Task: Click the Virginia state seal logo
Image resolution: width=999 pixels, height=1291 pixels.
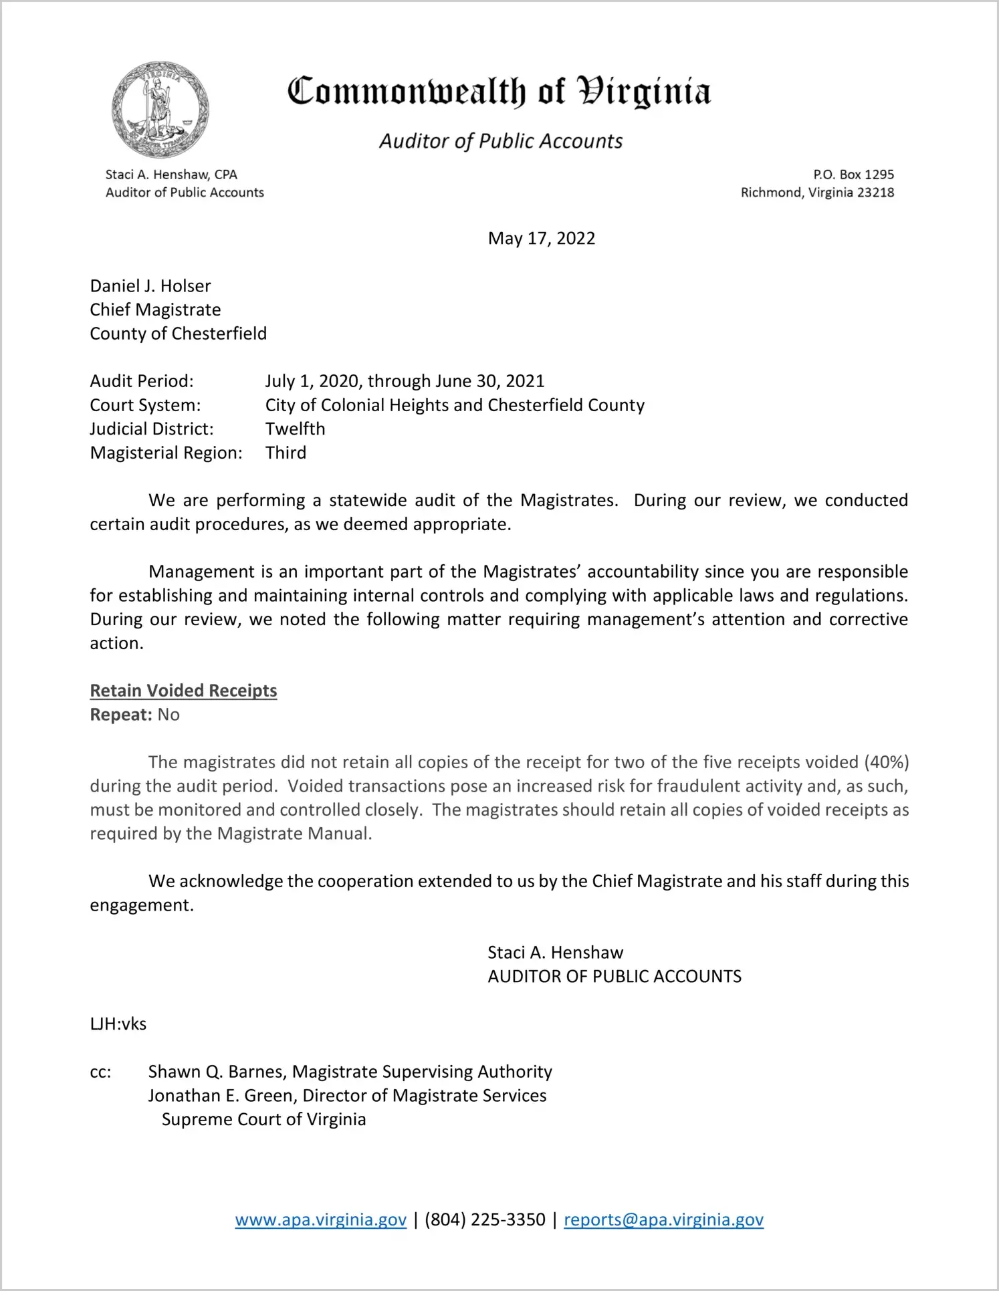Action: coord(160,110)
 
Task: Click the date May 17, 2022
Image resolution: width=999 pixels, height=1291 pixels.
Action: coord(541,239)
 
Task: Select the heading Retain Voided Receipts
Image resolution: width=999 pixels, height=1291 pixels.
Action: coord(183,691)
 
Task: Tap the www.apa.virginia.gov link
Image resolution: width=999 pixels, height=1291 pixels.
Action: coord(320,1219)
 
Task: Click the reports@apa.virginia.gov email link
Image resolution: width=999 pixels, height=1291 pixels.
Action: coord(663,1219)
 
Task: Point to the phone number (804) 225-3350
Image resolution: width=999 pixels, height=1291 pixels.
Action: coord(485,1219)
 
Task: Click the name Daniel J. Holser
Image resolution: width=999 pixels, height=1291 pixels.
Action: coord(150,286)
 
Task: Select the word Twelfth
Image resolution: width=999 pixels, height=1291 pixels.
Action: coord(295,429)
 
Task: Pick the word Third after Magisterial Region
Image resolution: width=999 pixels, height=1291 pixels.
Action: coord(286,453)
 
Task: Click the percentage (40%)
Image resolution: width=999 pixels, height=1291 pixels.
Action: coord(886,762)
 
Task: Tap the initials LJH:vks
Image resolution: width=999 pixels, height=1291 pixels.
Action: coord(118,1024)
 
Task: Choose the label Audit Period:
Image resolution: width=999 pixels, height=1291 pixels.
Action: coord(142,381)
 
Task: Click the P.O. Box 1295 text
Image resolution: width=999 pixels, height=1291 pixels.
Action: coord(853,174)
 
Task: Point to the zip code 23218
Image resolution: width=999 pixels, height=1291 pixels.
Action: coord(875,193)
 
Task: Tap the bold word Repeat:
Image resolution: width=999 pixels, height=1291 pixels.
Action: coord(121,715)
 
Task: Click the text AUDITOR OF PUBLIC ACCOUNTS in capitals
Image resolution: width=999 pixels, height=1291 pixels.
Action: coord(615,977)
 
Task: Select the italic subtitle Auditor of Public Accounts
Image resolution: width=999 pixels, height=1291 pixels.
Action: coord(501,141)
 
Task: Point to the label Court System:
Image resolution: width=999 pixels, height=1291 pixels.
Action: coord(145,405)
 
